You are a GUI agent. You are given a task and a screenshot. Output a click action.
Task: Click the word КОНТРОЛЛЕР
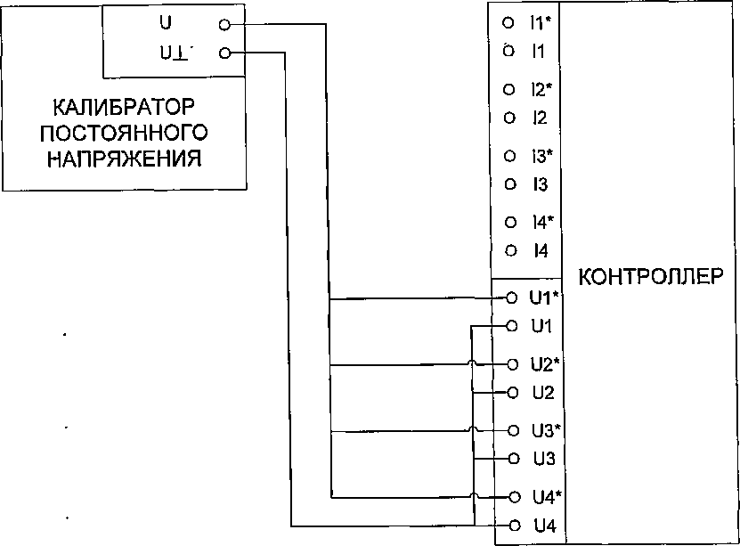click(x=658, y=275)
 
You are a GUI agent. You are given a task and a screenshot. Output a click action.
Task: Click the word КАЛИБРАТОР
click(x=124, y=109)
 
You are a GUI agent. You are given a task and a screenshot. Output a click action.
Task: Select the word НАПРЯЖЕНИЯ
click(x=124, y=159)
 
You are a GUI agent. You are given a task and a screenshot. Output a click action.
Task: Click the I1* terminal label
click(x=541, y=21)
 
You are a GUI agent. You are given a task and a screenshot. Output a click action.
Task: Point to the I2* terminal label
click(x=541, y=89)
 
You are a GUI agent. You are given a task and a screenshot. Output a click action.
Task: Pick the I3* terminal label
click(x=541, y=156)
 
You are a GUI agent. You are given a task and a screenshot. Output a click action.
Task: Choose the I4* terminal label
click(x=541, y=221)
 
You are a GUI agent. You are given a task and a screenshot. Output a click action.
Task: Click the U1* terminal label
click(x=543, y=297)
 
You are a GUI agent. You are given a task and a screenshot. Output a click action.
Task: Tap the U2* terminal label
click(x=543, y=363)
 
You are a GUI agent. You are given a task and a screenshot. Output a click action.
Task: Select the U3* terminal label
click(x=543, y=430)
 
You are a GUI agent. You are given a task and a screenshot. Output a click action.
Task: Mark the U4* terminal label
click(x=543, y=496)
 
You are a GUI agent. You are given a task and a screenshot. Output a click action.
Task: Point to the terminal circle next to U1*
click(x=512, y=297)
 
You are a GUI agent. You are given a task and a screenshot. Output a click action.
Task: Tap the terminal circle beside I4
click(x=509, y=250)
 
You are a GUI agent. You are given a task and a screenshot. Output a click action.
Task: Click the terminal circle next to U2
click(x=512, y=392)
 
